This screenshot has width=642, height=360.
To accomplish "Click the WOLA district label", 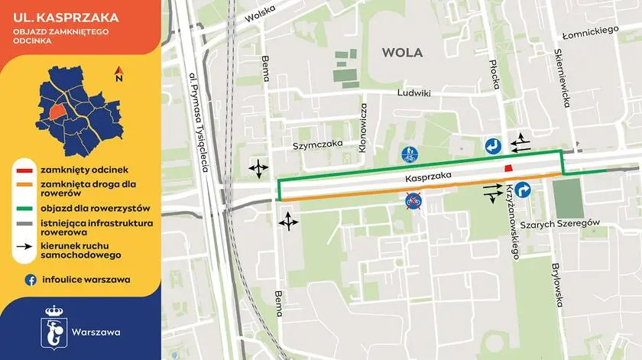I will click(401, 52).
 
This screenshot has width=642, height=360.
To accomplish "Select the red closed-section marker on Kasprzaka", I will click(507, 169).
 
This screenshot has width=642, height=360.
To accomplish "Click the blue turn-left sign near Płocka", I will click(492, 145).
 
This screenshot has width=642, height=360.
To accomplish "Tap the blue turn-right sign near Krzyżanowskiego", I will click(523, 190).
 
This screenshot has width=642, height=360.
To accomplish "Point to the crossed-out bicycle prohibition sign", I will click(413, 203).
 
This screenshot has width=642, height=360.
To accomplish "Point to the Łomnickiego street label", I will click(589, 31).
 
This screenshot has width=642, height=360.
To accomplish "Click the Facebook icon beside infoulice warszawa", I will click(31, 280).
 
